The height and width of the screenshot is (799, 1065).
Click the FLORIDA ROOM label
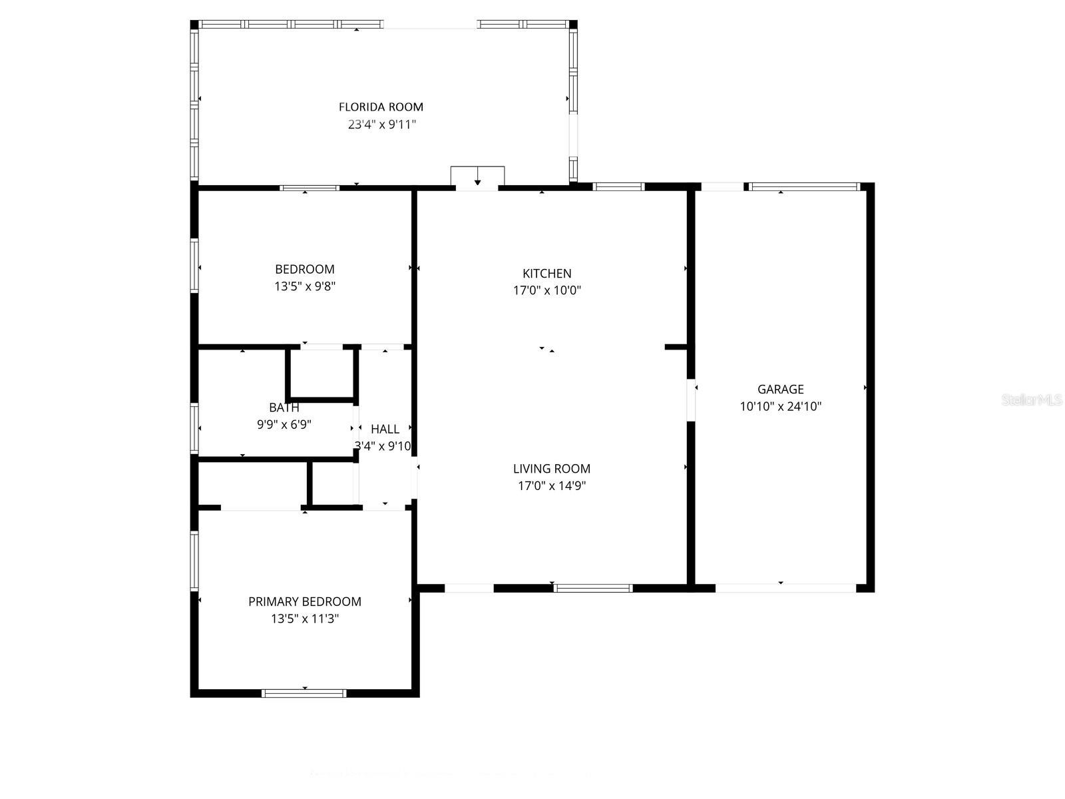[x=381, y=107]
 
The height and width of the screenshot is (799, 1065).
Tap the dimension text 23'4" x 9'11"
[x=382, y=124]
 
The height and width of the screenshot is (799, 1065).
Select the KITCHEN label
[x=546, y=273]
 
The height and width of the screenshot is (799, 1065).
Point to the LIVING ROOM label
[x=551, y=468]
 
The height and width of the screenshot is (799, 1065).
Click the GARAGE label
[x=780, y=389]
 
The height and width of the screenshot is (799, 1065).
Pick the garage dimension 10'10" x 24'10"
[x=780, y=406]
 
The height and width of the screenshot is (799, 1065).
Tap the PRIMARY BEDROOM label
[x=305, y=601]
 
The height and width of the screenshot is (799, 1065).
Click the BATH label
[x=284, y=407]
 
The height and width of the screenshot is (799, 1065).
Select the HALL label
[x=385, y=429]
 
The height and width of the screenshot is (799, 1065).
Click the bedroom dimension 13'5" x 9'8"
[x=305, y=286]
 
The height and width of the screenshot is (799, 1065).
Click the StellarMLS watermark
[x=1032, y=400]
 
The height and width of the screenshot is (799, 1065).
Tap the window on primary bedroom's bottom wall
[x=304, y=693]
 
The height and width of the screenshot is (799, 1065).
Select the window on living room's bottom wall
[x=592, y=588]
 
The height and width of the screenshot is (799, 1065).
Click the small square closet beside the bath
[x=321, y=374]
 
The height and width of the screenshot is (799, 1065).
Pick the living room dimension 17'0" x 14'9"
[x=551, y=485]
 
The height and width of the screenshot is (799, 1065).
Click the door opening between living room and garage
[x=691, y=400]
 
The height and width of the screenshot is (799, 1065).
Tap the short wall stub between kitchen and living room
[x=676, y=347]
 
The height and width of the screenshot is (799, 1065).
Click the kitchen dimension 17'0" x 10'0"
[x=546, y=290]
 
